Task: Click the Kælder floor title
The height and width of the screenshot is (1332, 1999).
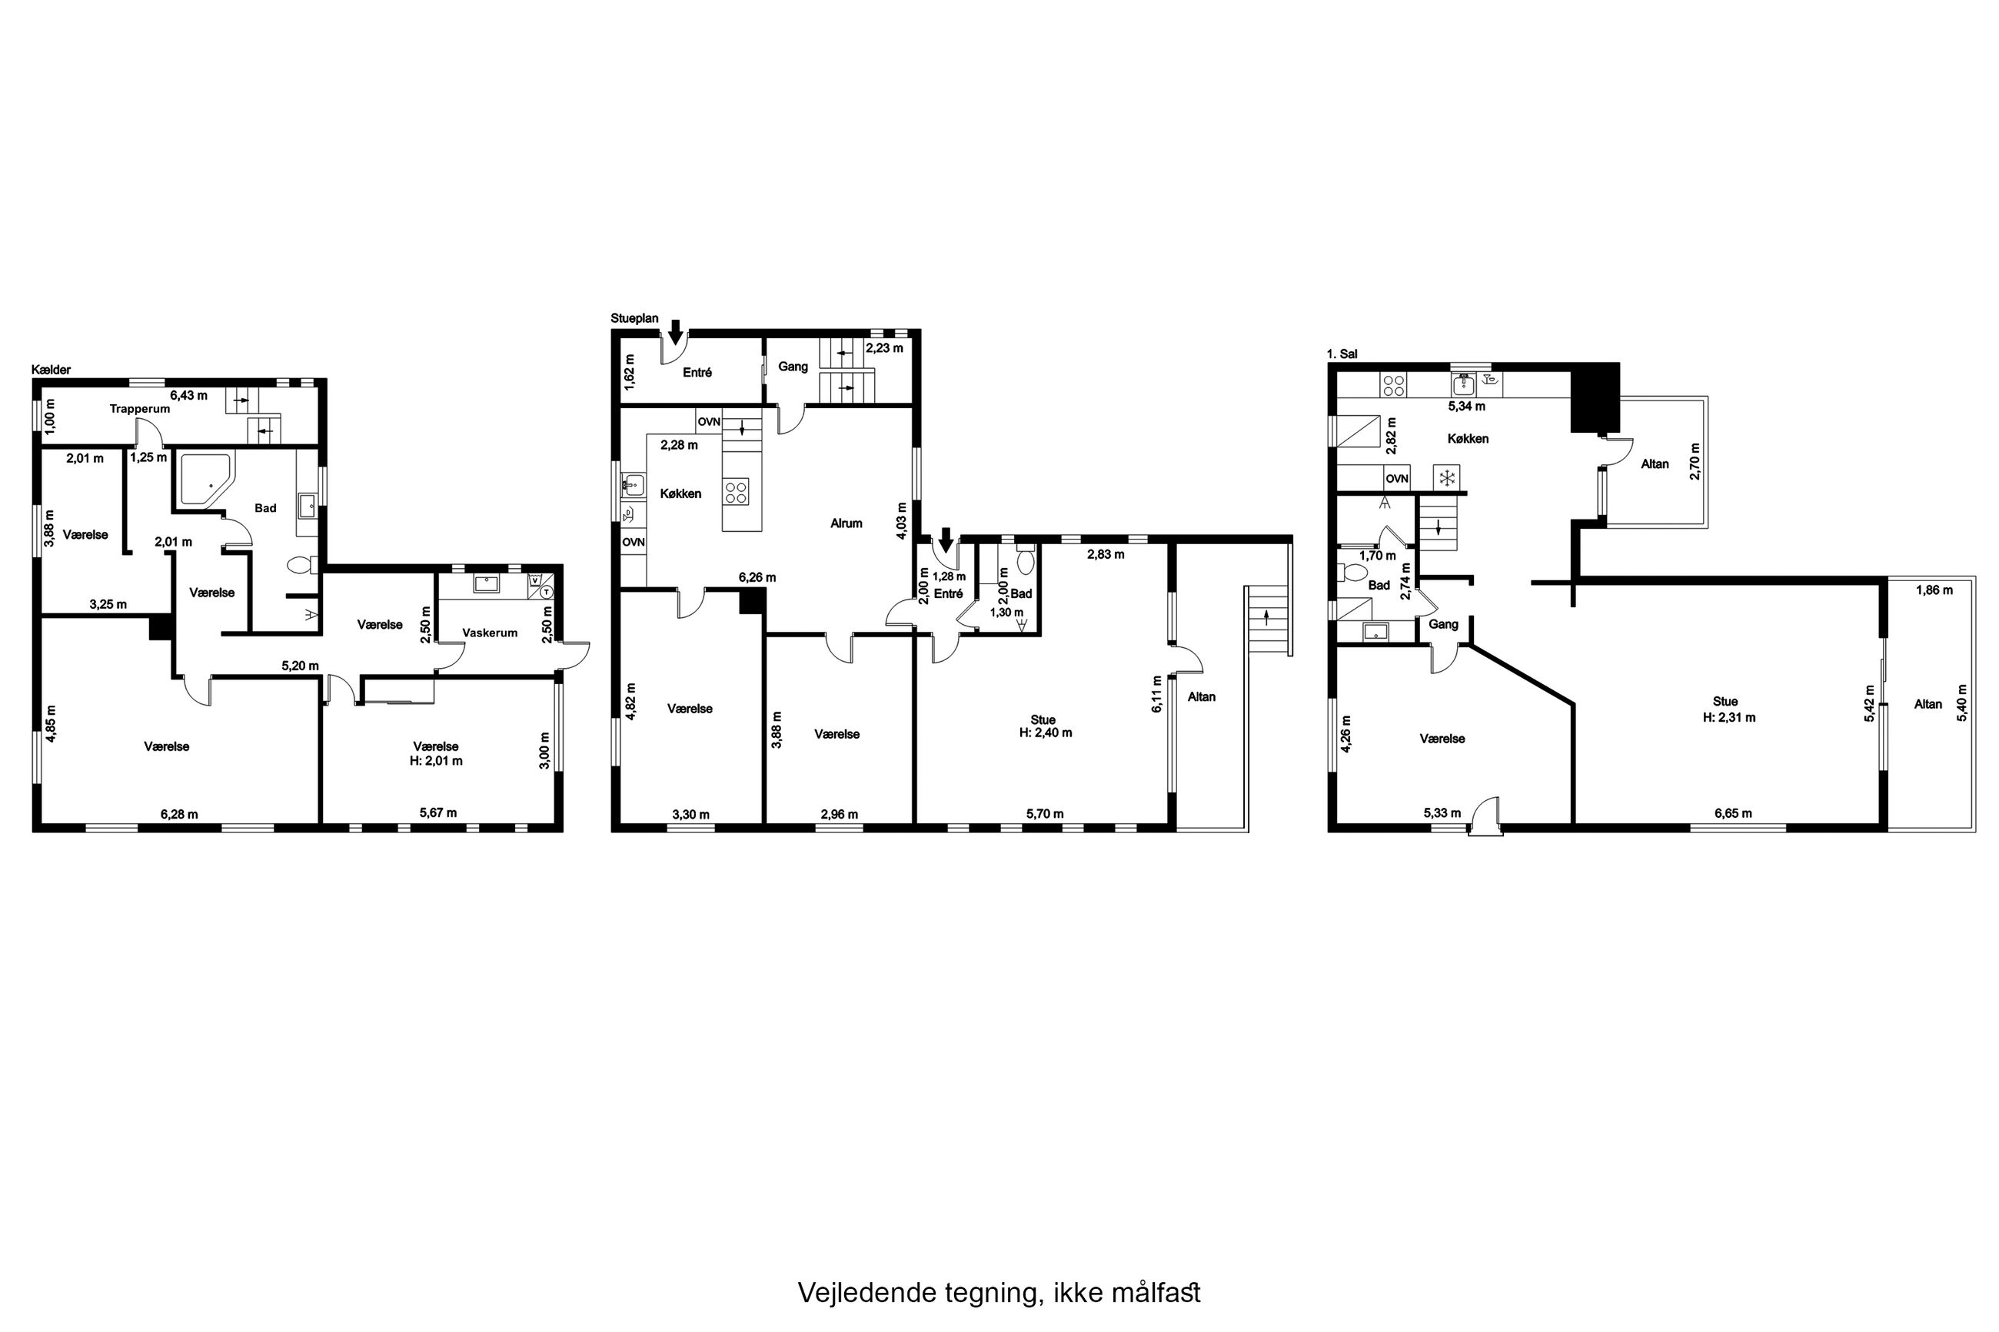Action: click(51, 370)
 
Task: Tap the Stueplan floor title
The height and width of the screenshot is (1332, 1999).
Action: click(634, 318)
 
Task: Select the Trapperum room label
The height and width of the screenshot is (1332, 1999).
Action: click(140, 409)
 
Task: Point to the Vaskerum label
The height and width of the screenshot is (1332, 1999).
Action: click(491, 633)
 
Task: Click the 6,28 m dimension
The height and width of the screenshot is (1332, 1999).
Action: click(179, 814)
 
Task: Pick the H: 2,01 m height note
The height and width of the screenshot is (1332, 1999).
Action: click(436, 761)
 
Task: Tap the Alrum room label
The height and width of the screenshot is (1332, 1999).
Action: click(846, 523)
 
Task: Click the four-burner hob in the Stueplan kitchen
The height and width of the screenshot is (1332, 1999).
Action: click(736, 493)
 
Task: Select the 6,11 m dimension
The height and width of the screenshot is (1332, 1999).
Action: click(1156, 694)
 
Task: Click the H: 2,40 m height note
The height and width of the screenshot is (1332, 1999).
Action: click(1046, 732)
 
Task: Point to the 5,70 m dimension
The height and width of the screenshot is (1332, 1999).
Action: click(1045, 814)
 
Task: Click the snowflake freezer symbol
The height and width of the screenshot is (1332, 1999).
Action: click(1446, 477)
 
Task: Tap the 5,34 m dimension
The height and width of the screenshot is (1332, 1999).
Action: click(1466, 406)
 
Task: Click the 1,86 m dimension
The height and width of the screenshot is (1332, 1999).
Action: click(1934, 590)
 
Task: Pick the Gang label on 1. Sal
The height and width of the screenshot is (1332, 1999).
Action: click(1443, 624)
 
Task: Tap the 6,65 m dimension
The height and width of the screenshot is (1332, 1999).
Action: click(1733, 813)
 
